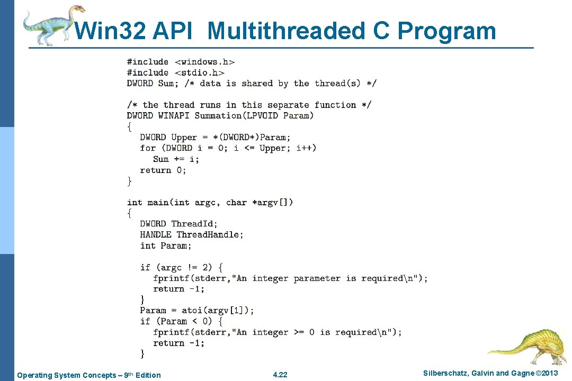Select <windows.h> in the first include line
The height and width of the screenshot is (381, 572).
204,62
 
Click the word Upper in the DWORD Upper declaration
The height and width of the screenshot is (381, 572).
184,137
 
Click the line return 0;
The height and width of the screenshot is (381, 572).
163,170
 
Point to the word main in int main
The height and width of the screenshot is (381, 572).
158,202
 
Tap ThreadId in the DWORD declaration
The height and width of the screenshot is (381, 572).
194,224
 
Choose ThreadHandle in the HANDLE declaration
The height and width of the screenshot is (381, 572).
210,234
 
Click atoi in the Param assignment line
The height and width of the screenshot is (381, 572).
192,310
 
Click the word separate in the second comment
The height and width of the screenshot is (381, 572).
288,105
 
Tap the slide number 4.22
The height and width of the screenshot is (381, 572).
280,375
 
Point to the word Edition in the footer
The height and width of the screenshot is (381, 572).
148,375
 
